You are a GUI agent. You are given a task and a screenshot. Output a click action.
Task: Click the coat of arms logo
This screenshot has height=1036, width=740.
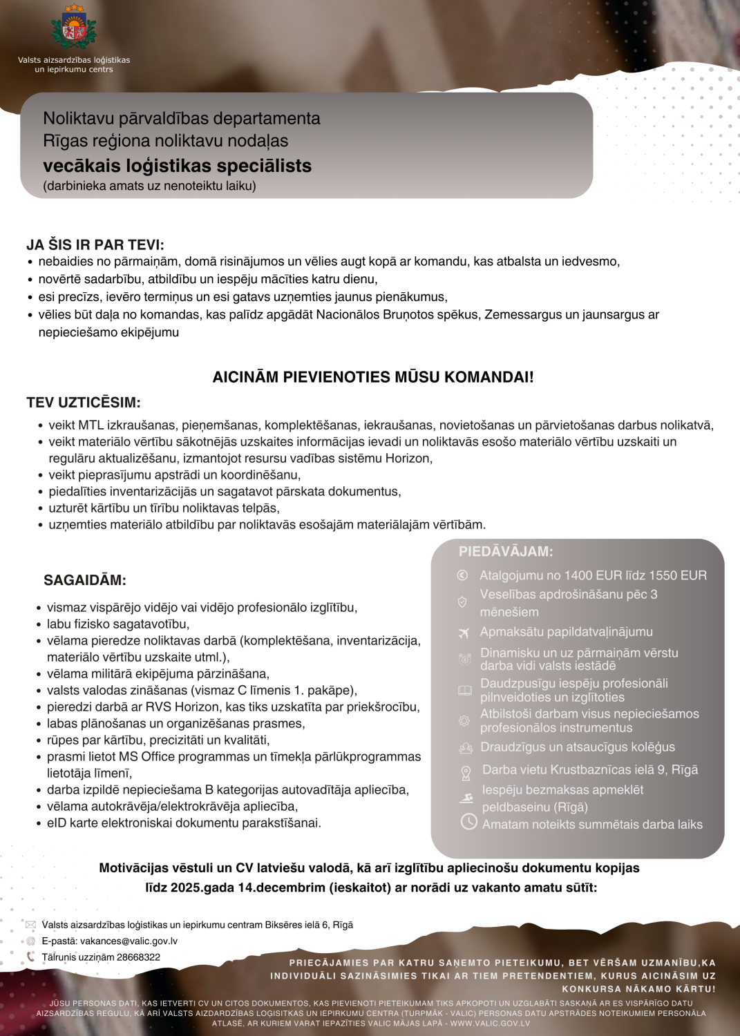pos(74,28)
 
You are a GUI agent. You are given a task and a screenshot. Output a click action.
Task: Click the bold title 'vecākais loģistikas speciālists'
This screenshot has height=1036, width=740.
pos(177,166)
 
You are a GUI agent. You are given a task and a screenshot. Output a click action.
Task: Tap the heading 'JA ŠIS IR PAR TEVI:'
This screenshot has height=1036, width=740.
pos(95,244)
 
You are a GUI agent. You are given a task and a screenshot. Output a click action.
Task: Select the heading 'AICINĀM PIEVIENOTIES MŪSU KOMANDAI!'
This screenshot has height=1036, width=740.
pos(372,377)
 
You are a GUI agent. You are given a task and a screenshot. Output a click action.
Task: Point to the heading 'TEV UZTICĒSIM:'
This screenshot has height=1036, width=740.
pos(84,403)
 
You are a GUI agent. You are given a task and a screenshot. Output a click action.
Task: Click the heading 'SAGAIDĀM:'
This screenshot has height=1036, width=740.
pos(85,580)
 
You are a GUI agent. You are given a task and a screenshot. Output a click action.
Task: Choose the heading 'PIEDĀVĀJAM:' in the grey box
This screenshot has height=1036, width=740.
pos(506,551)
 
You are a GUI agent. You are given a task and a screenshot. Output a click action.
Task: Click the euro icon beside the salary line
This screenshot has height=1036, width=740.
pos(463,575)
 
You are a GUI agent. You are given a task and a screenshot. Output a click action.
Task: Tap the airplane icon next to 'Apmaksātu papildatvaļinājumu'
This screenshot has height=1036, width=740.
pos(464,633)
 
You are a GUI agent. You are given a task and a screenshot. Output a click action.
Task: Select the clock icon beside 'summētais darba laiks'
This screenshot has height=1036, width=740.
pos(469,821)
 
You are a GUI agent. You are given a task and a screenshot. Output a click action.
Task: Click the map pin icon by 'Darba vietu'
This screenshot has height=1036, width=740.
pos(466,773)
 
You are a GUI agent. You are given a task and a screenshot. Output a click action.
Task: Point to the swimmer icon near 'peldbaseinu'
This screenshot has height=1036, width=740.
pos(466,798)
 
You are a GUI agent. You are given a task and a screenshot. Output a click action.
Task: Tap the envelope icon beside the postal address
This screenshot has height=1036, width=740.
pos(30,925)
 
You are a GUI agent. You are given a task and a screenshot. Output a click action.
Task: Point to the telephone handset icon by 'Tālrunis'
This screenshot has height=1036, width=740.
pos(30,957)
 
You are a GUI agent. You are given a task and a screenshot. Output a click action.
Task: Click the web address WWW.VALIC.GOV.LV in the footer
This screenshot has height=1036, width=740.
pos(490,1023)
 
